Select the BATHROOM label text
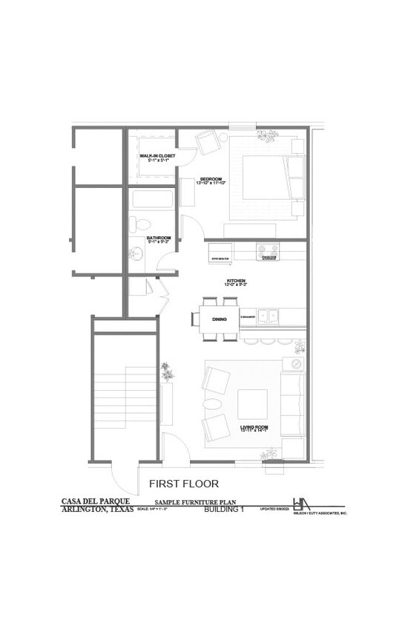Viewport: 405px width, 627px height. point(159,238)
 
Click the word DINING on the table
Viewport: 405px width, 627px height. point(220,319)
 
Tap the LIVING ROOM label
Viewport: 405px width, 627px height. point(254,427)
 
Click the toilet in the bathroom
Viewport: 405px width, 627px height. point(140,223)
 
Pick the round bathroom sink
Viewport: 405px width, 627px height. point(136,254)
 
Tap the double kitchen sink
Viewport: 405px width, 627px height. point(268,317)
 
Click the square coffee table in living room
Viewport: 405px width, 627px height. point(252,404)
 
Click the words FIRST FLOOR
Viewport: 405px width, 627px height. point(184,484)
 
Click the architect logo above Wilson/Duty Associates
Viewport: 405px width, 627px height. point(303,504)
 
